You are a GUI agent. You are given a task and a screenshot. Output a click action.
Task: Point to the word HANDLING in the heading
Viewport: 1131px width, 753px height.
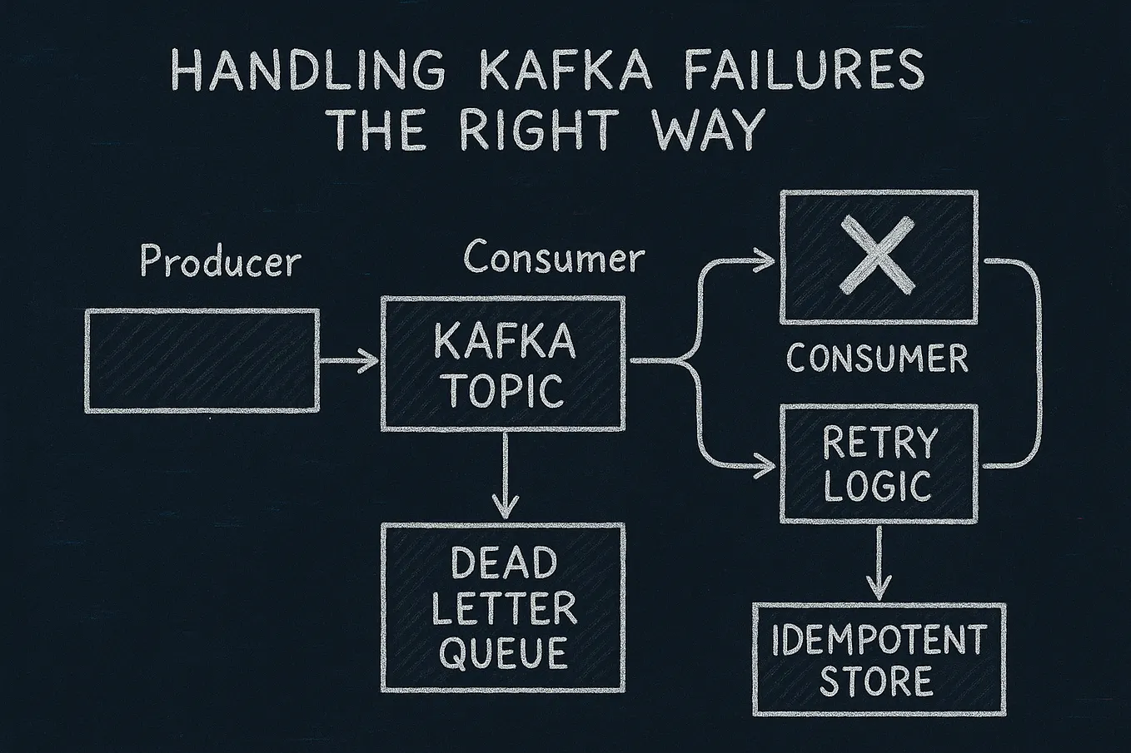tap(308, 70)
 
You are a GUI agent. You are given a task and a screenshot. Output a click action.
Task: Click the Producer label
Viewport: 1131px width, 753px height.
tap(220, 261)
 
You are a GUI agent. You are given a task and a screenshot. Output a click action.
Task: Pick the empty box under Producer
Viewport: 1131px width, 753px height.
tap(202, 360)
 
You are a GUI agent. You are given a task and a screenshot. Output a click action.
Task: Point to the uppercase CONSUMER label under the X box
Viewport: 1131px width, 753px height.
tap(877, 359)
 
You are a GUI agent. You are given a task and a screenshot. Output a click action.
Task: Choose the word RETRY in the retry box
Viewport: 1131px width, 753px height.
tap(879, 443)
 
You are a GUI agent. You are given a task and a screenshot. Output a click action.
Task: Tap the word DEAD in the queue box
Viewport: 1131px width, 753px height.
tap(504, 563)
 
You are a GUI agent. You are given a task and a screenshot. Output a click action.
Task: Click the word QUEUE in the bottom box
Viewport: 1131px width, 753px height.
tap(503, 652)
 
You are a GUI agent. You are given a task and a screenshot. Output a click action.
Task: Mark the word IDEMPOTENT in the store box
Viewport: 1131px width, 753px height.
tap(879, 640)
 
